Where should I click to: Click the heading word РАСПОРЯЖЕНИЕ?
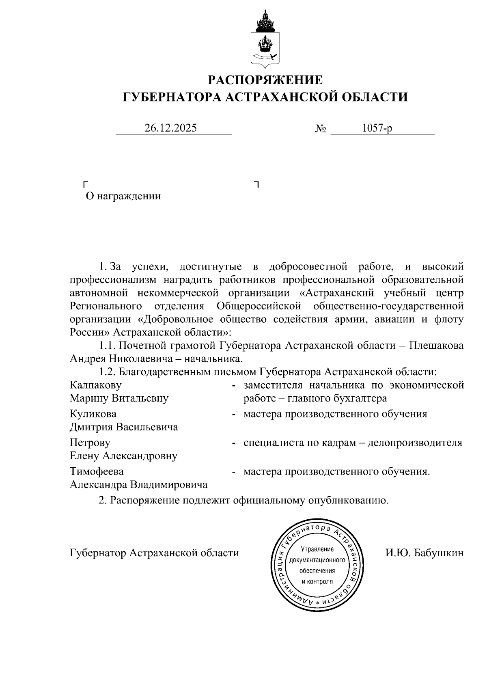pos(265,80)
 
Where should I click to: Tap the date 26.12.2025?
pos(170,128)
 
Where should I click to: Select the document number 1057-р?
pos(377,128)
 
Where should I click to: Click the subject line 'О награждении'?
pos(123,197)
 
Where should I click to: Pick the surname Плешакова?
pos(436,346)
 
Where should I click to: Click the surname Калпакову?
pos(95,384)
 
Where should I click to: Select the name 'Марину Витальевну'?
pos(119,398)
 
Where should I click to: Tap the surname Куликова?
pos(93,414)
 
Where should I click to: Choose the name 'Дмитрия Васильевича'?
pos(124,427)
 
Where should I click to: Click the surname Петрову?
pos(90,443)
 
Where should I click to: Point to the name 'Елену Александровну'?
pos(124,456)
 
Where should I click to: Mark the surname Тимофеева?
pos(97,471)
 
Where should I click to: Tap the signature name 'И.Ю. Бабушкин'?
pos(424,553)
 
